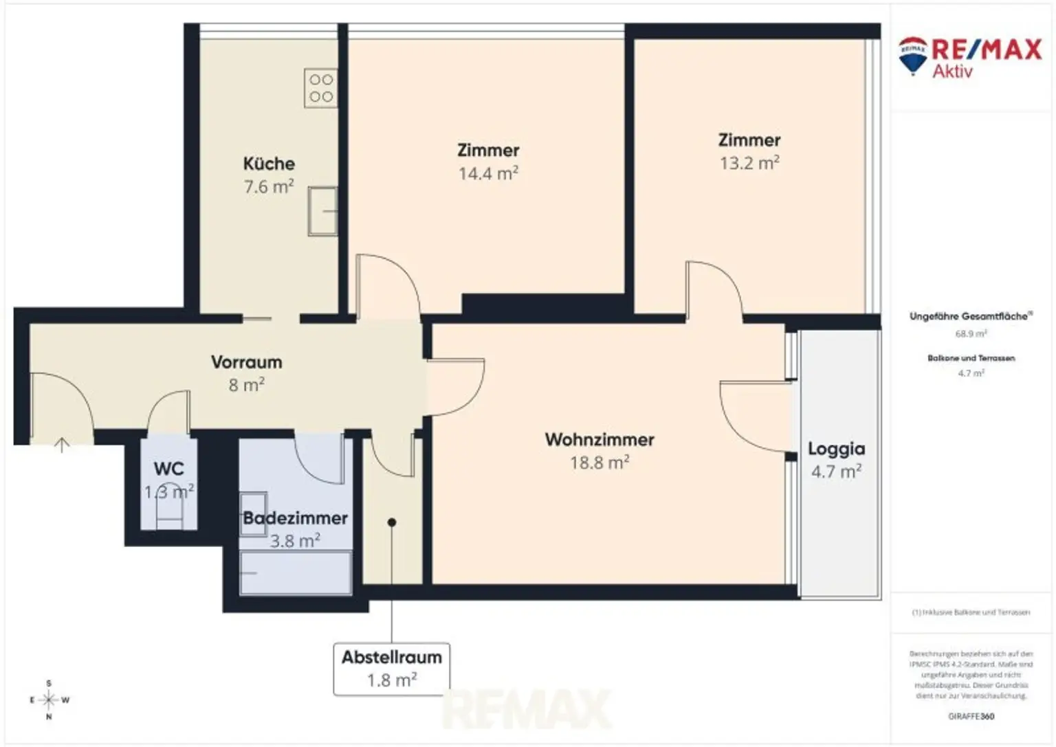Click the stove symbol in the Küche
point(321,88)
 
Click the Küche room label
point(269,164)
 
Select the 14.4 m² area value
point(488,173)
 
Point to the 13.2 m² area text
point(749,163)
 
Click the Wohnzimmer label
point(599,439)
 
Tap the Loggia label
point(836,449)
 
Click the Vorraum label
point(246,361)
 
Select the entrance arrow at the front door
point(62,445)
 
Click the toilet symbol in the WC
point(169,512)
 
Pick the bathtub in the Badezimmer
point(296,572)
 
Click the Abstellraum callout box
point(392,668)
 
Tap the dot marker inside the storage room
point(392,522)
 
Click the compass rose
point(49,700)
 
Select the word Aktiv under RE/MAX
point(952,71)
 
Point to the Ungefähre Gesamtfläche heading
point(970,316)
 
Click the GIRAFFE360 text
point(971,716)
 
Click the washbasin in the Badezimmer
point(253,504)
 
